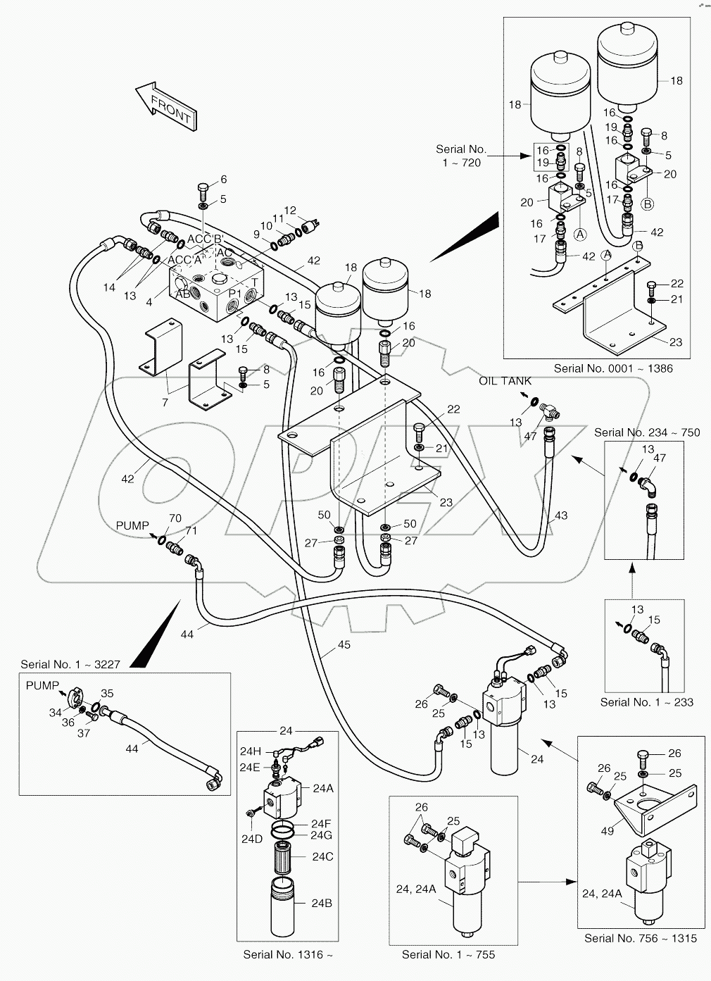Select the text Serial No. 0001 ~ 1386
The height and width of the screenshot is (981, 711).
point(612,368)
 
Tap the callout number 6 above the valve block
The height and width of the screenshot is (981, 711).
point(223,180)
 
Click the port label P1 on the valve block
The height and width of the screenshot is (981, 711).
point(235,293)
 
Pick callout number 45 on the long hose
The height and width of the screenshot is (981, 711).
point(344,644)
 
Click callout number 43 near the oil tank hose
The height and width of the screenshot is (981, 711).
point(560,516)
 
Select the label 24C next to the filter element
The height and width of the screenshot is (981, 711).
point(322,856)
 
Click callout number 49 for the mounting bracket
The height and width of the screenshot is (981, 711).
point(607,831)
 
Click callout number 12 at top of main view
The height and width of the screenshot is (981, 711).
point(290,211)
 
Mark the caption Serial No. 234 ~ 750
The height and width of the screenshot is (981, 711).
point(647,432)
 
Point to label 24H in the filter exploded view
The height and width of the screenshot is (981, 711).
point(251,751)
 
